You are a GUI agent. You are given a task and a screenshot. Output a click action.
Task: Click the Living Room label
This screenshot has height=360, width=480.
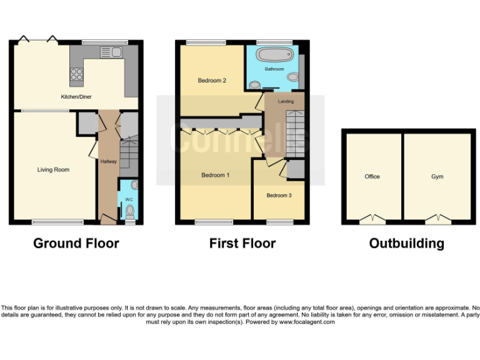coord(53,169)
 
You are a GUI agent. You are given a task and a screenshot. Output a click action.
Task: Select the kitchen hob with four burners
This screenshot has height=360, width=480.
coord(77,75)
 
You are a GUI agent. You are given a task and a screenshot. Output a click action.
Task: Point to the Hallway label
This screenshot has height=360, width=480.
coord(109,162)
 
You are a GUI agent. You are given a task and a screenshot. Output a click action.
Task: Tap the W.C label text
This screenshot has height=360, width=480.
coord(129,200)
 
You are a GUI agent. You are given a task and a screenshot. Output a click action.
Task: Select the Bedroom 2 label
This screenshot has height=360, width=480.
coord(212,81)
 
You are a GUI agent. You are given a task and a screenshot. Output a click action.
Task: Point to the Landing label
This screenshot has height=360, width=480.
coord(286,101)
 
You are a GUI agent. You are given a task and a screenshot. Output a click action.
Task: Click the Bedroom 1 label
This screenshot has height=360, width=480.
coord(215,175)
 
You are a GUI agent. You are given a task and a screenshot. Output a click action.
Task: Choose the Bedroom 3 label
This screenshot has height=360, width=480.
coord(279,196)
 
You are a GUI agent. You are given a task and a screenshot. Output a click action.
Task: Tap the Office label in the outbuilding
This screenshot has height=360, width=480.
coord(372,177)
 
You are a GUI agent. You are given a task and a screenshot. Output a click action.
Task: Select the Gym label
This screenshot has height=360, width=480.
coord(437,177)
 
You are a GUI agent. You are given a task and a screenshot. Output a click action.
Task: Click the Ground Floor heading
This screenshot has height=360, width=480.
coord(76,243)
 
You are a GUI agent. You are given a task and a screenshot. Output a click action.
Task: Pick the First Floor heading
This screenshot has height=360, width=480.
coord(242,243)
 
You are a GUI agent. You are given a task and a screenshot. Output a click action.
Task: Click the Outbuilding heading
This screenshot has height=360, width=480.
coord(406,243)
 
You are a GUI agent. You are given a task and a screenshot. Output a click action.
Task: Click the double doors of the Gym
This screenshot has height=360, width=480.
coord(438,219)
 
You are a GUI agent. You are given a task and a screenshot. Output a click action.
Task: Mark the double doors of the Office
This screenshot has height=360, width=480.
coord(373,219)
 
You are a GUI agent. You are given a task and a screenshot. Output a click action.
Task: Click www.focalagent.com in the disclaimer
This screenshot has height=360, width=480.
coord(307,322)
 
